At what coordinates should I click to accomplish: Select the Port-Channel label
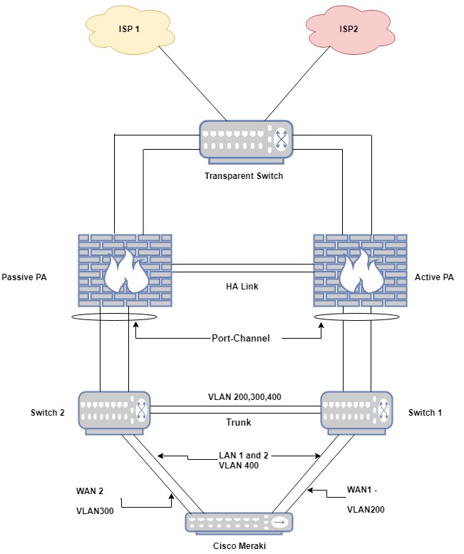point(241,338)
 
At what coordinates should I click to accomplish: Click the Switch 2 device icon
point(115,411)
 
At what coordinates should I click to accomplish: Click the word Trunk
point(238,422)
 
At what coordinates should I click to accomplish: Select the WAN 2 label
point(91,491)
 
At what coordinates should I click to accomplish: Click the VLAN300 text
point(95,511)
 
